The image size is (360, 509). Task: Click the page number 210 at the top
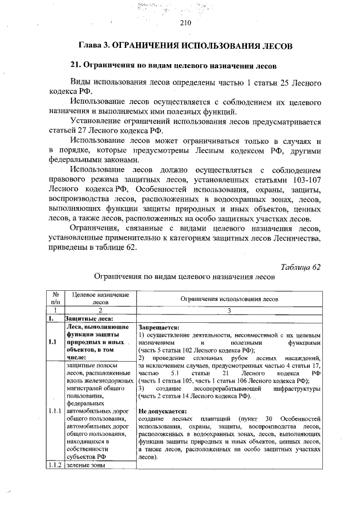(186, 23)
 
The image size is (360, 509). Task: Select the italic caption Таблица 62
(300, 265)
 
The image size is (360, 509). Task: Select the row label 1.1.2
(55, 465)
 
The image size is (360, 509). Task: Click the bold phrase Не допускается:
(163, 411)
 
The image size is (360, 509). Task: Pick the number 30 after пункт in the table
(268, 419)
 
